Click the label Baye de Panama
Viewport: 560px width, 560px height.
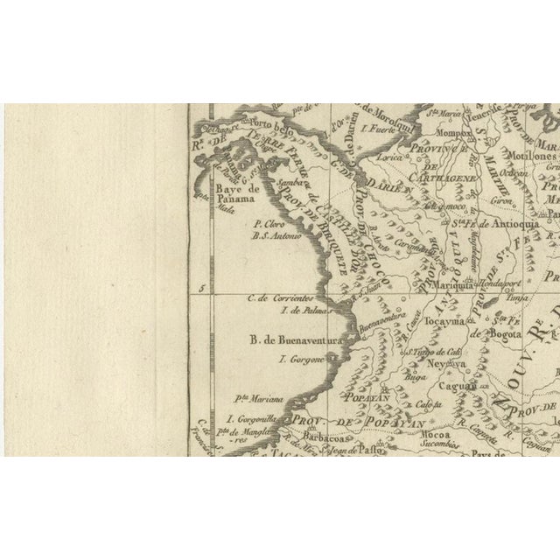coord(232,193)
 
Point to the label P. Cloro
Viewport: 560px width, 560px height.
coord(266,223)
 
